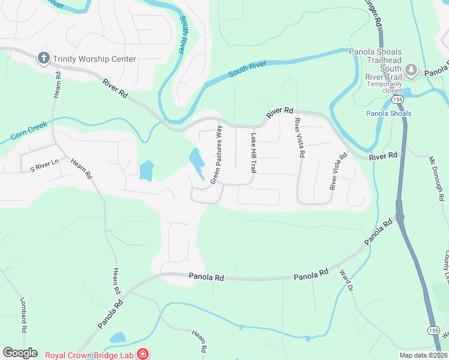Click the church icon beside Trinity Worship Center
tap(43, 58)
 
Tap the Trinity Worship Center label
tap(94, 59)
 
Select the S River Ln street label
tap(40, 163)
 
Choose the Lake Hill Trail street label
tap(253, 153)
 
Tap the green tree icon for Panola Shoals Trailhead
tap(411, 71)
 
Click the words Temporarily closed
tap(385, 86)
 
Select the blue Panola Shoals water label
tap(389, 113)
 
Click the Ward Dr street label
tap(345, 280)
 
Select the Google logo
tap(20, 353)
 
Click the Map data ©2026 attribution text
tap(423, 355)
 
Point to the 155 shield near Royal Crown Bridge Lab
tap(433, 331)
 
